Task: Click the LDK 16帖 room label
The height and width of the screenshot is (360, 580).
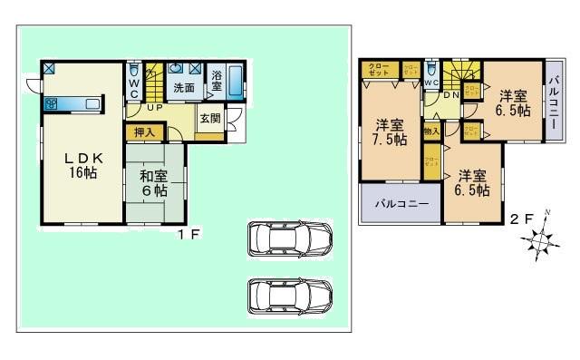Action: click(79, 164)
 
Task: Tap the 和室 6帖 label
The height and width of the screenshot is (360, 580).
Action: click(152, 182)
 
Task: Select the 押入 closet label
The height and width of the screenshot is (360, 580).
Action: click(144, 132)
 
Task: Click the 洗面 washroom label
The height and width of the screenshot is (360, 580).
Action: click(184, 87)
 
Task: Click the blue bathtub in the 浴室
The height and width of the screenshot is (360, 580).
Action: click(236, 83)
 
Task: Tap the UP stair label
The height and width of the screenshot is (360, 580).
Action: click(155, 108)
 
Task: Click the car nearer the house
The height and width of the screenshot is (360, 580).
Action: click(289, 238)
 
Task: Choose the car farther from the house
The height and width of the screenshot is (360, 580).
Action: click(289, 296)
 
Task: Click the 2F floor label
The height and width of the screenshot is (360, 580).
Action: click(520, 219)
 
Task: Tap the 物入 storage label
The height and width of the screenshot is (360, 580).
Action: click(431, 132)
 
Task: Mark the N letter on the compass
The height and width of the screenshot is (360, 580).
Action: click(546, 215)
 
